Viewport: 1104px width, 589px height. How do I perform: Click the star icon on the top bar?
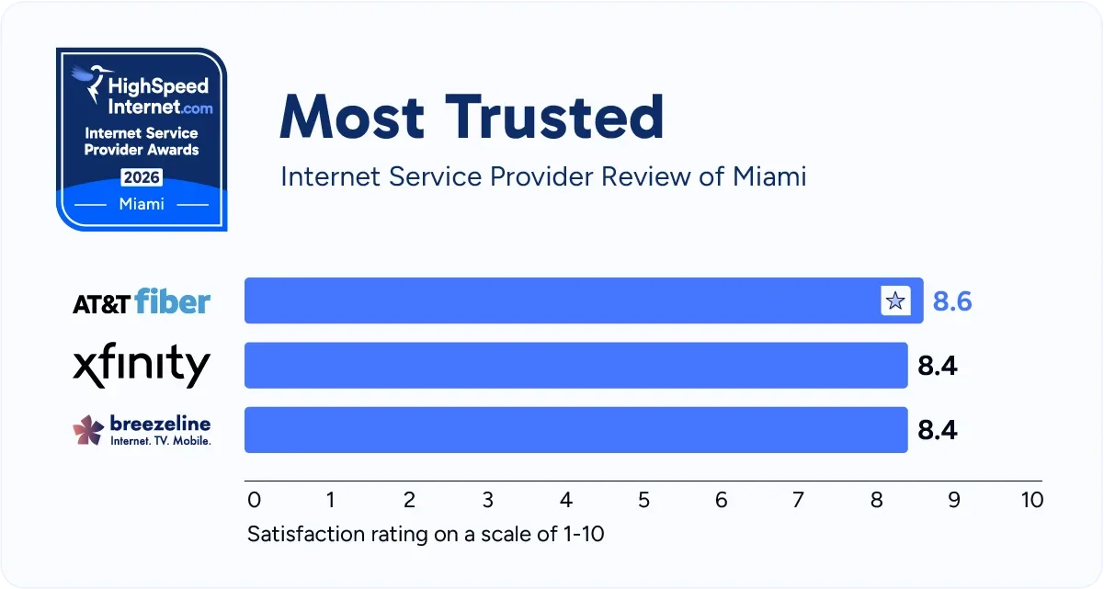point(894,300)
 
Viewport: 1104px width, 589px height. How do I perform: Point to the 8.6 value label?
point(952,301)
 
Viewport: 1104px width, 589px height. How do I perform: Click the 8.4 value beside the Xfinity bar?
point(938,366)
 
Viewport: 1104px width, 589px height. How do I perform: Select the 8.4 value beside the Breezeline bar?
point(938,430)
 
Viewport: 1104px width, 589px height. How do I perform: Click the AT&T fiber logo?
point(142,301)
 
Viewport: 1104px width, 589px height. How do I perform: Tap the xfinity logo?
point(142,366)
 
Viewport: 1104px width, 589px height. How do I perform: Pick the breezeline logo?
point(142,430)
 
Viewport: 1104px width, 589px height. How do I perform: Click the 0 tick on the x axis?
point(255,500)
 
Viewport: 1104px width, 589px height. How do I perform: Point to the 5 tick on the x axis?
point(643,500)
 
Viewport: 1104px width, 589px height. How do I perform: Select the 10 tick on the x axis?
point(1031,500)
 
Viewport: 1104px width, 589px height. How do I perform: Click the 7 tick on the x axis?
point(798,500)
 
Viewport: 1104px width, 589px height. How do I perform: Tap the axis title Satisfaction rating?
point(426,534)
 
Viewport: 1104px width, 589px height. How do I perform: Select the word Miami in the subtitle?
point(768,176)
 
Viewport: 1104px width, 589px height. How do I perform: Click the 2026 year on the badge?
point(142,176)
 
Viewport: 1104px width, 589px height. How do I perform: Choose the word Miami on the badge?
point(142,204)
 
